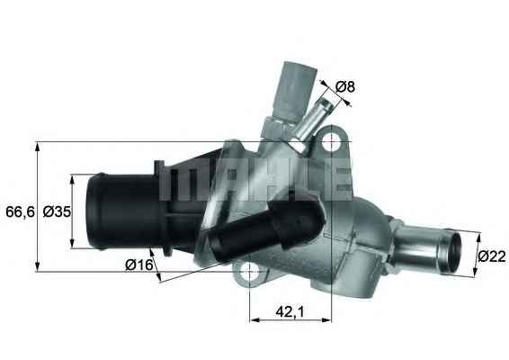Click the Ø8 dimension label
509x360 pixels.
345,86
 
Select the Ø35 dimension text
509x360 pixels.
57,211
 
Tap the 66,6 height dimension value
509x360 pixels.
20,211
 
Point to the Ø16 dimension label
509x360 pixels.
138,265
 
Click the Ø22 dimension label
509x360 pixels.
492,256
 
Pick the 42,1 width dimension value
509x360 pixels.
290,312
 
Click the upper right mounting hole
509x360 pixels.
331,141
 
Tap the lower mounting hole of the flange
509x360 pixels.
250,270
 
